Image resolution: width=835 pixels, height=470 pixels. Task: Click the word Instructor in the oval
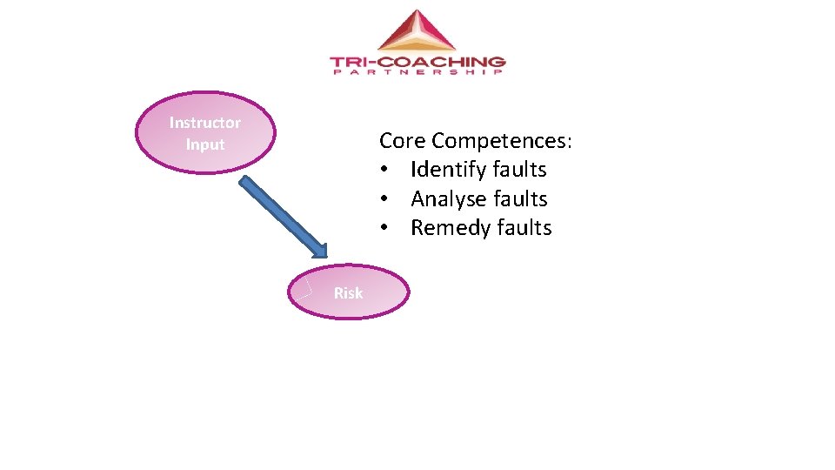204,123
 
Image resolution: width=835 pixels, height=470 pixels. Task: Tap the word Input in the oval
205,144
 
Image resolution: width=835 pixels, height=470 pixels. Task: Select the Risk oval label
348,293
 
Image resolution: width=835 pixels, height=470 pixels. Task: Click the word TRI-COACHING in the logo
417,62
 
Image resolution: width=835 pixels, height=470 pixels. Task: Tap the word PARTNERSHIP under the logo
417,72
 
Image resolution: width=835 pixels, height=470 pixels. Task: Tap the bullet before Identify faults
384,170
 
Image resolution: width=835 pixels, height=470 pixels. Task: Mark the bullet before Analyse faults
384,199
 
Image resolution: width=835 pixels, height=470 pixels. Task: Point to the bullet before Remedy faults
384,228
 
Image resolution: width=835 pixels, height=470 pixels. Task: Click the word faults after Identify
519,170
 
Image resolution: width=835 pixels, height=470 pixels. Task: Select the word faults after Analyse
520,199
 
